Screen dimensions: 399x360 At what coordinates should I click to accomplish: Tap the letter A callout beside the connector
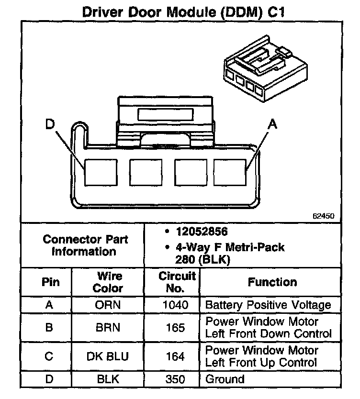pos(272,124)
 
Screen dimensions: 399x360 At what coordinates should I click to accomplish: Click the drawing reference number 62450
pos(323,216)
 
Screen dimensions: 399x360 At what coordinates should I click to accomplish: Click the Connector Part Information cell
pos(84,245)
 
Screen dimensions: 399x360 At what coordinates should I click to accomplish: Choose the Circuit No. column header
pos(177,282)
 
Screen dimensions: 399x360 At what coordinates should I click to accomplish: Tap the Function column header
pos(272,282)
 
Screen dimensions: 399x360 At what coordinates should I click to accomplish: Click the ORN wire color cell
pos(108,305)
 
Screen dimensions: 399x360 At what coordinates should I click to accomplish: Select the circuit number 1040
pos(176,305)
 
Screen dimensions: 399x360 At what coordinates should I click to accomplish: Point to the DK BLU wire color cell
pos(108,357)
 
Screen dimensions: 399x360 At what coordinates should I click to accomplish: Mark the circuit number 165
pos(176,328)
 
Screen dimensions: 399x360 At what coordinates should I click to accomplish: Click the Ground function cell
pos(225,380)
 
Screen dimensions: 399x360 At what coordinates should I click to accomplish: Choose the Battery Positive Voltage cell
pos(268,305)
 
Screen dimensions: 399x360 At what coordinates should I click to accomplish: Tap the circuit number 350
pos(176,380)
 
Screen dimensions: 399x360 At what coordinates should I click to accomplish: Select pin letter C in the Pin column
pos(49,357)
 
